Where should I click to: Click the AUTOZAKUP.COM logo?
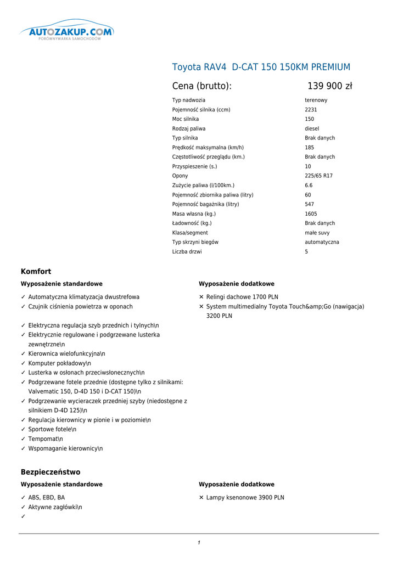coord(67,32)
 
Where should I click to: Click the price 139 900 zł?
coord(329,86)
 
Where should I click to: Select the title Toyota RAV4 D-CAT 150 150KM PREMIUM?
coord(261,67)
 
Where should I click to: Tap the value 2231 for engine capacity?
coord(311,110)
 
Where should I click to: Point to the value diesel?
coord(312,128)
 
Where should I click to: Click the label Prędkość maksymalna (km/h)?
coord(208,147)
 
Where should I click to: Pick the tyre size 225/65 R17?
coord(318,176)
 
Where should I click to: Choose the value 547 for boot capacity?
coord(310,204)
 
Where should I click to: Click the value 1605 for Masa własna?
coord(311,213)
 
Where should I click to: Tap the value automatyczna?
coord(322,242)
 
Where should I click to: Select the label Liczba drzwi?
coord(187,251)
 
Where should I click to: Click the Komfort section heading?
coord(36,271)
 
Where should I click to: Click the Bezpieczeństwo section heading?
coord(51,472)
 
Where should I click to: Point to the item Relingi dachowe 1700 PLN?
coord(242,297)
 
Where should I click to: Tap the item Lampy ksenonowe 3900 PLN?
coord(245,498)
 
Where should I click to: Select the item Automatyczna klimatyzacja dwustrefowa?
coord(83,297)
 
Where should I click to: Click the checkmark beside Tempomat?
coord(23,439)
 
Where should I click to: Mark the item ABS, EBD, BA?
coord(46,498)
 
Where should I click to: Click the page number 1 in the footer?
coord(199,543)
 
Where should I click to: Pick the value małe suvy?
coord(317,233)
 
